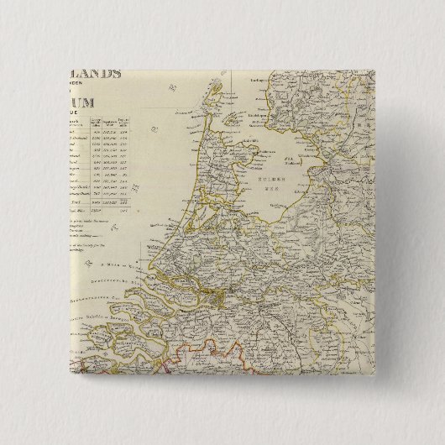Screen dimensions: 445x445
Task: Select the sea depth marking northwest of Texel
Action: pos(172,84)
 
